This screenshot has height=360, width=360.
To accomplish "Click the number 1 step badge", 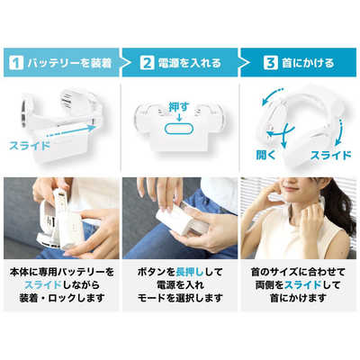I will coord(15,63).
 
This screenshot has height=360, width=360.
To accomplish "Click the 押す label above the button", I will coord(180,107).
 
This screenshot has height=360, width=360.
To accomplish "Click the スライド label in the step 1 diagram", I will coord(31,143).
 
